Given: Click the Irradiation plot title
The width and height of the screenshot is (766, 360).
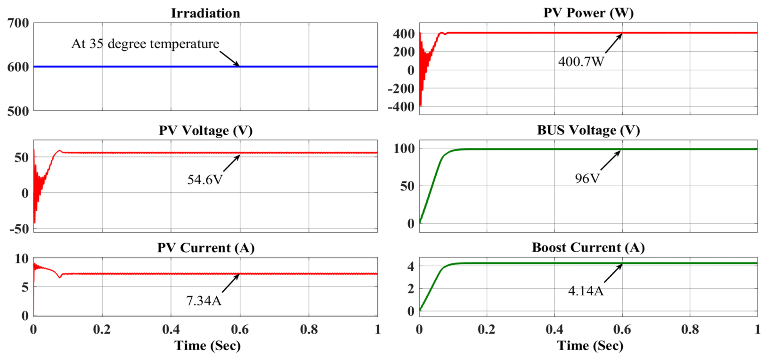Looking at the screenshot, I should pyautogui.click(x=205, y=13).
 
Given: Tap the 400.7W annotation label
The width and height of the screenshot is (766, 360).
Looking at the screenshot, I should pyautogui.click(x=581, y=61).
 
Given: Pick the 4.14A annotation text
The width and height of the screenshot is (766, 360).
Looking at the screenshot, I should pyautogui.click(x=586, y=291).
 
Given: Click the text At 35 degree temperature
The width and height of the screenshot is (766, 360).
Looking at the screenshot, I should pyautogui.click(x=145, y=44).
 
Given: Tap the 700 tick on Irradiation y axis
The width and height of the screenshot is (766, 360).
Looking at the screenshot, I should pyautogui.click(x=18, y=23).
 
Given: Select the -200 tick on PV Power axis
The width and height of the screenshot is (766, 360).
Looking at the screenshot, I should pyautogui.click(x=401, y=89).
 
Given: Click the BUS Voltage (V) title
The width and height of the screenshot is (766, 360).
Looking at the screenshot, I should pyautogui.click(x=588, y=130).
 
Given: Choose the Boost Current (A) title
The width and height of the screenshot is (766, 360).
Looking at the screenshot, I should pyautogui.click(x=588, y=248).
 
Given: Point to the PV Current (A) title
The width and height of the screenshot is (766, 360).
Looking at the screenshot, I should pyautogui.click(x=205, y=248).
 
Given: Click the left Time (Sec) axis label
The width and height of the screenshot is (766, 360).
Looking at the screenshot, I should pyautogui.click(x=207, y=346).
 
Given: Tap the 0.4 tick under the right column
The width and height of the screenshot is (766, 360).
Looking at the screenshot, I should pyautogui.click(x=554, y=329).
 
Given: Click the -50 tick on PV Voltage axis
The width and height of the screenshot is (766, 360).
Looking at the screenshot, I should pyautogui.click(x=19, y=229).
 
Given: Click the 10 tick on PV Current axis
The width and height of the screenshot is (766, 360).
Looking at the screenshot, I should pyautogui.click(x=21, y=259).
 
